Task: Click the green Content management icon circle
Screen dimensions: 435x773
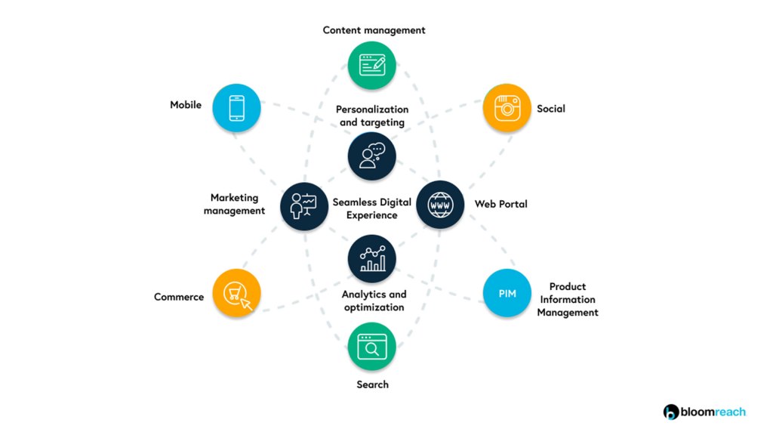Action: coord(372,65)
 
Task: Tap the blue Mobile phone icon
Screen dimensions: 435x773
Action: coord(236,107)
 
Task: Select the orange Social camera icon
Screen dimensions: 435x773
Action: coord(507,109)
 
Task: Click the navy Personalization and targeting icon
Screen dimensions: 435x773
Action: coord(372,156)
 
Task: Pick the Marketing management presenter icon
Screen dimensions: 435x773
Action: coord(304,205)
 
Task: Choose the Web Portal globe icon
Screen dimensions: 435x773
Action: coord(440,205)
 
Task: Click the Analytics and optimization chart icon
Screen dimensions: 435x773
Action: coord(372,258)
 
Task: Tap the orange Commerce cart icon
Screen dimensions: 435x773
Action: coord(236,293)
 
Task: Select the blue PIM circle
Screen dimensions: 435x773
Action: coord(507,292)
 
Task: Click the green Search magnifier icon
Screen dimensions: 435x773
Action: coord(372,347)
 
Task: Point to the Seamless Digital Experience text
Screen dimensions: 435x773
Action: coord(372,208)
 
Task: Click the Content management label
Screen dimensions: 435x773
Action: coord(374,30)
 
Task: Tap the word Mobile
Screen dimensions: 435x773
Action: coord(186,105)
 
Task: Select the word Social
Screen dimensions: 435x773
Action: coord(551,109)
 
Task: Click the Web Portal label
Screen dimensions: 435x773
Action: coord(500,204)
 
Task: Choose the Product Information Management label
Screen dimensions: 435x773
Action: coord(568,300)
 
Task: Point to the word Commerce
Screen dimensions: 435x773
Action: coord(179,297)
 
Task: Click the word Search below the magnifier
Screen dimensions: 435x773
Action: coord(372,384)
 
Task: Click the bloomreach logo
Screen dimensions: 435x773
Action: coord(704,412)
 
